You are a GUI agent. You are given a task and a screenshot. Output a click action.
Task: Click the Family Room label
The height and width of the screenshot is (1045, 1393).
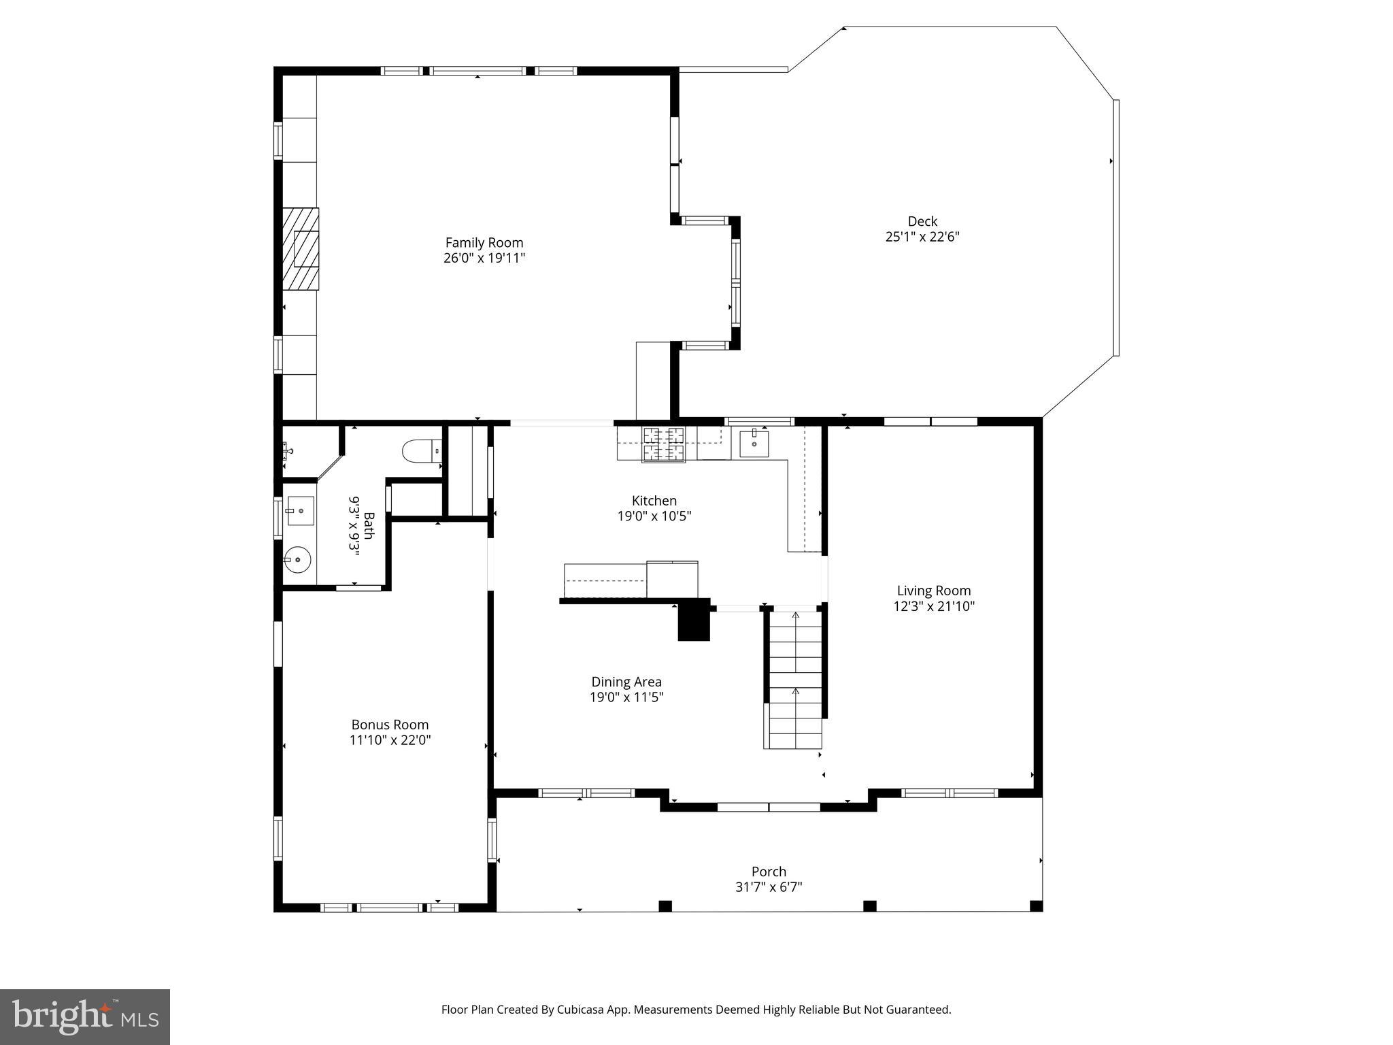click(x=484, y=243)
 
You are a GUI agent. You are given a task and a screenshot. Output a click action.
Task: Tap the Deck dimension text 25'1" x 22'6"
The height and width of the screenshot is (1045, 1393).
click(x=922, y=237)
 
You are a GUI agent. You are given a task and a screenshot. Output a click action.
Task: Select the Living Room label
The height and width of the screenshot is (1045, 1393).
click(x=933, y=591)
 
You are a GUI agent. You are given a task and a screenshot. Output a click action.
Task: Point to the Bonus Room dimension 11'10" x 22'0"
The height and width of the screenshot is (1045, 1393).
click(x=390, y=740)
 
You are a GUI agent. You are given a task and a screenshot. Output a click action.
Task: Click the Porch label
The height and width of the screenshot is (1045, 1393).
click(x=769, y=872)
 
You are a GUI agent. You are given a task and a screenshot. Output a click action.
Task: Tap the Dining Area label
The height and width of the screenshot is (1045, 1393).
click(x=626, y=682)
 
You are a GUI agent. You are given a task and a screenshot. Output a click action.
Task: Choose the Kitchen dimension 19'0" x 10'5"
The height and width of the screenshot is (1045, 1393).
click(x=654, y=516)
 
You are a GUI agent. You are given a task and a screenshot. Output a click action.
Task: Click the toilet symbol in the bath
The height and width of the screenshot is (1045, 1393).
click(x=422, y=450)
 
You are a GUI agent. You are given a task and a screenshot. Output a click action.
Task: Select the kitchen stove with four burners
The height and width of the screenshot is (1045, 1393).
click(x=664, y=444)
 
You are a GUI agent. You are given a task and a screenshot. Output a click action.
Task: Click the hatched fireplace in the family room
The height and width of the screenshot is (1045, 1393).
click(x=301, y=249)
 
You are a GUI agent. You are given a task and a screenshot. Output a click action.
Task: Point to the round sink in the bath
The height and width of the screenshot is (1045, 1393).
click(x=297, y=560)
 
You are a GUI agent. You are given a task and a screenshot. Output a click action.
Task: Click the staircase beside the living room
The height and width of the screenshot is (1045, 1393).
click(x=794, y=680)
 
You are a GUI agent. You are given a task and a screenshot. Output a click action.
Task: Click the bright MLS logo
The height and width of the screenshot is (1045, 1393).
click(x=84, y=1017)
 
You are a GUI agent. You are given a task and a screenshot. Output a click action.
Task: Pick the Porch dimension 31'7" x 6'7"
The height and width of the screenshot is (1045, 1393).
click(x=769, y=887)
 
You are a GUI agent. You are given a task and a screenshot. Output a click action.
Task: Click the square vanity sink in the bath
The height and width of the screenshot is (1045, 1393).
click(x=299, y=511)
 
